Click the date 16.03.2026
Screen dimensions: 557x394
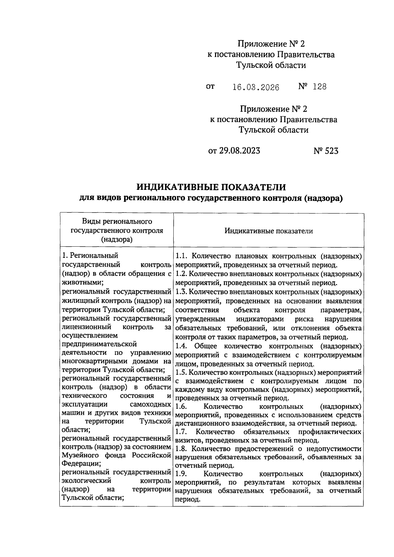[256, 87]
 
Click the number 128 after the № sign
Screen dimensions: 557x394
[319, 87]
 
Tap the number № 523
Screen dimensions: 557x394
[326, 151]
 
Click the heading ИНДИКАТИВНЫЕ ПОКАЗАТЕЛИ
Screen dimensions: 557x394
[211, 187]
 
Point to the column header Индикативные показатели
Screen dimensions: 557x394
[269, 231]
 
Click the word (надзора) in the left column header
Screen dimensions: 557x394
[117, 239]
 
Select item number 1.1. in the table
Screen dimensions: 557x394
[181, 256]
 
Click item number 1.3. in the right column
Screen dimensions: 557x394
[181, 292]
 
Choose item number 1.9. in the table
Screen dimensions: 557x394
[181, 474]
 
